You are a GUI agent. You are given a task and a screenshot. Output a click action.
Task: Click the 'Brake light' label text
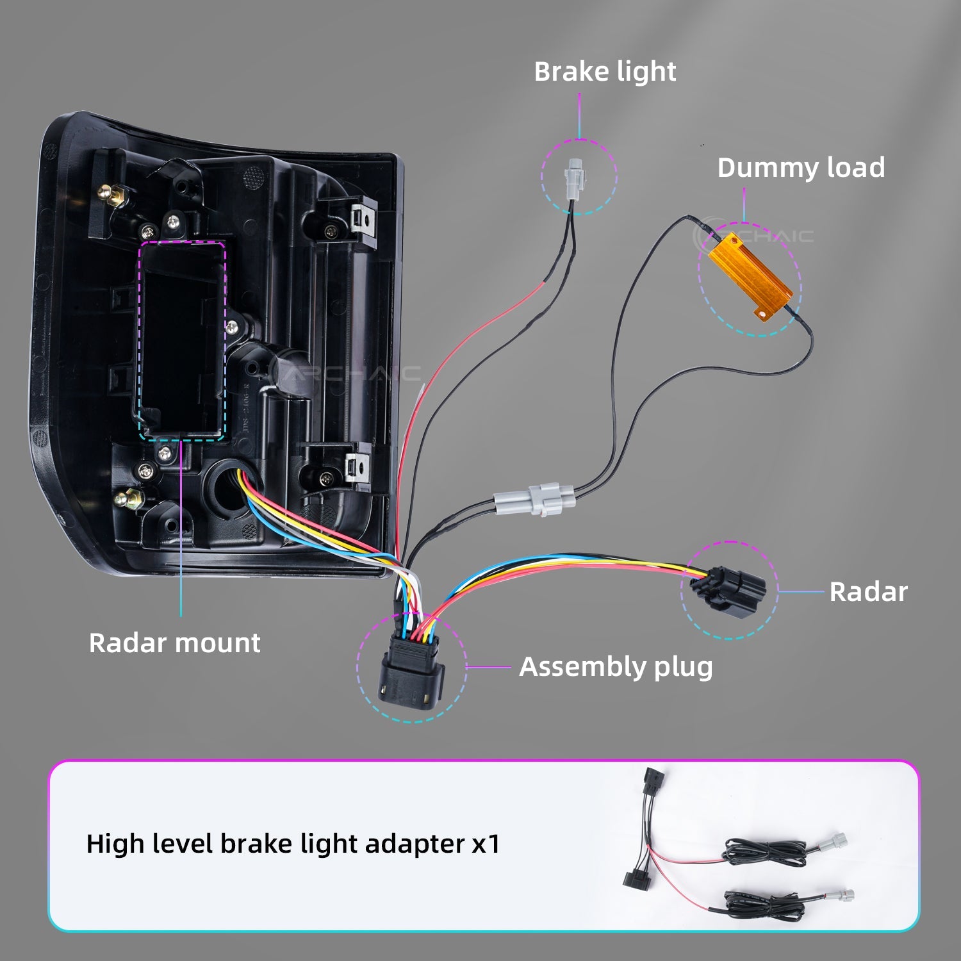point(605,72)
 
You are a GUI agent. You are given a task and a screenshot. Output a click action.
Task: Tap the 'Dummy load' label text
point(801,168)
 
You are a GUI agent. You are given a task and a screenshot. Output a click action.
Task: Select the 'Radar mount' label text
point(174,643)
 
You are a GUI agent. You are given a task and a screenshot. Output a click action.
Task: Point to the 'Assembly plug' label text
point(616,667)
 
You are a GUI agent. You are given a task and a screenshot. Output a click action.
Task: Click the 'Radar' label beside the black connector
point(868,592)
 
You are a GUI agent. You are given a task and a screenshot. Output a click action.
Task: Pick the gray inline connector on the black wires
point(534,498)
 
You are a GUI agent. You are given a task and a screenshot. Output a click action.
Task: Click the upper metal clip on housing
point(363,218)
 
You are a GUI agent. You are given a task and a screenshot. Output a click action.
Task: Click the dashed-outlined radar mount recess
point(182,340)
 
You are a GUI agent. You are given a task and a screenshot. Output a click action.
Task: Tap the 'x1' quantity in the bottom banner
point(485,844)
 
